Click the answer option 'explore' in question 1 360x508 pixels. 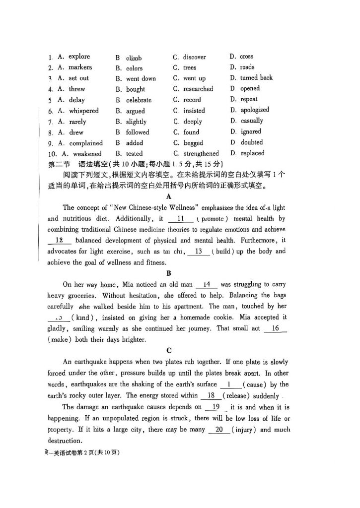coord(79,57)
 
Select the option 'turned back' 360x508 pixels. coord(256,78)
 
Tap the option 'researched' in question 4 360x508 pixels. coord(198,89)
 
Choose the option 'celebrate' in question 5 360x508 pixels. coord(139,100)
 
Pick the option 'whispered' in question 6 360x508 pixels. coord(83,111)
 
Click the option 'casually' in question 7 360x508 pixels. coord(252,121)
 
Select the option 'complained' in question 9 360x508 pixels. coord(86,143)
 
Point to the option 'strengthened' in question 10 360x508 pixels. coord(201,154)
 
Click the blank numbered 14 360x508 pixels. coord(207,285)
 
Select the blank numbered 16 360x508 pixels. coord(276,328)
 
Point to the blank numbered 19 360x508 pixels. coord(216,407)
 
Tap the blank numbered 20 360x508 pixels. coord(219,430)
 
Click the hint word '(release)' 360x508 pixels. coord(237,396)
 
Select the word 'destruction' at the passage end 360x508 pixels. coord(64,441)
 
